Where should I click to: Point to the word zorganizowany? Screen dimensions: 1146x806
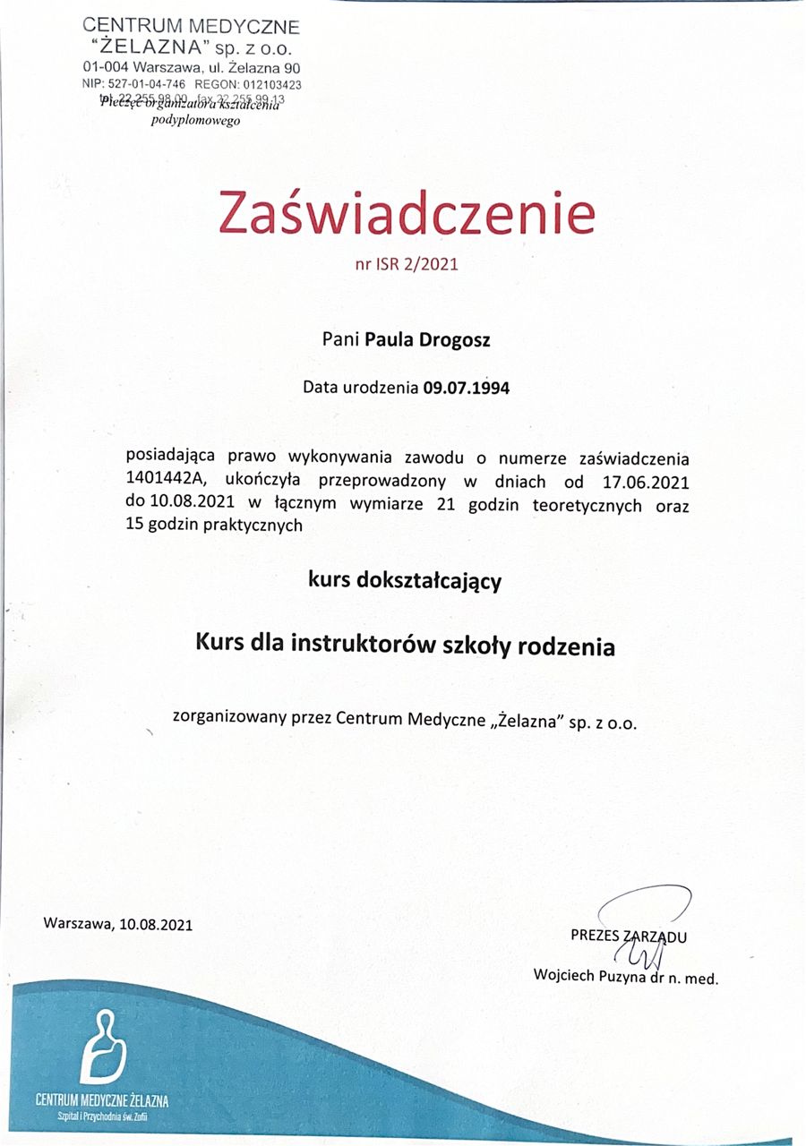pyautogui.click(x=227, y=718)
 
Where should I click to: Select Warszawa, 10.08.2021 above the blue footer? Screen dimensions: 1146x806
pyautogui.click(x=117, y=923)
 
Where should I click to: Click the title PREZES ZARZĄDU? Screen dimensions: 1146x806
pyautogui.click(x=628, y=936)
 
